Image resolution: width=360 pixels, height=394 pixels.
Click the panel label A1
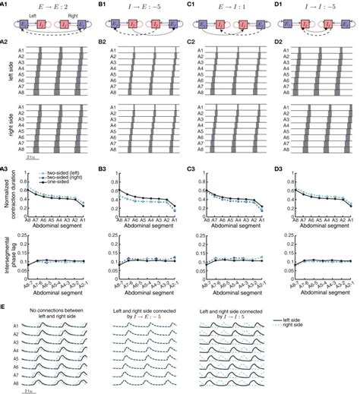pos(6,5)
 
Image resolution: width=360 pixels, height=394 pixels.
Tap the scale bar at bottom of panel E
pos(29,389)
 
